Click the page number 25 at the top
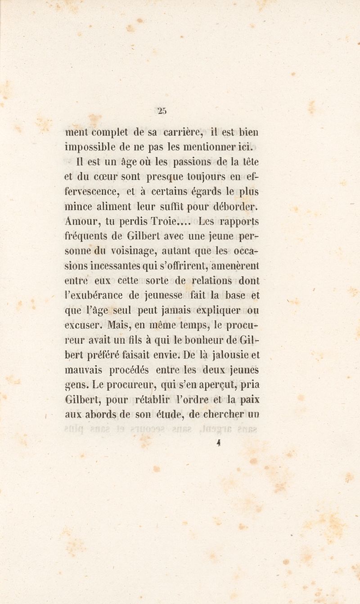click(x=162, y=109)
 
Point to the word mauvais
click(x=83, y=370)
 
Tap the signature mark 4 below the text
click(x=217, y=443)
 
